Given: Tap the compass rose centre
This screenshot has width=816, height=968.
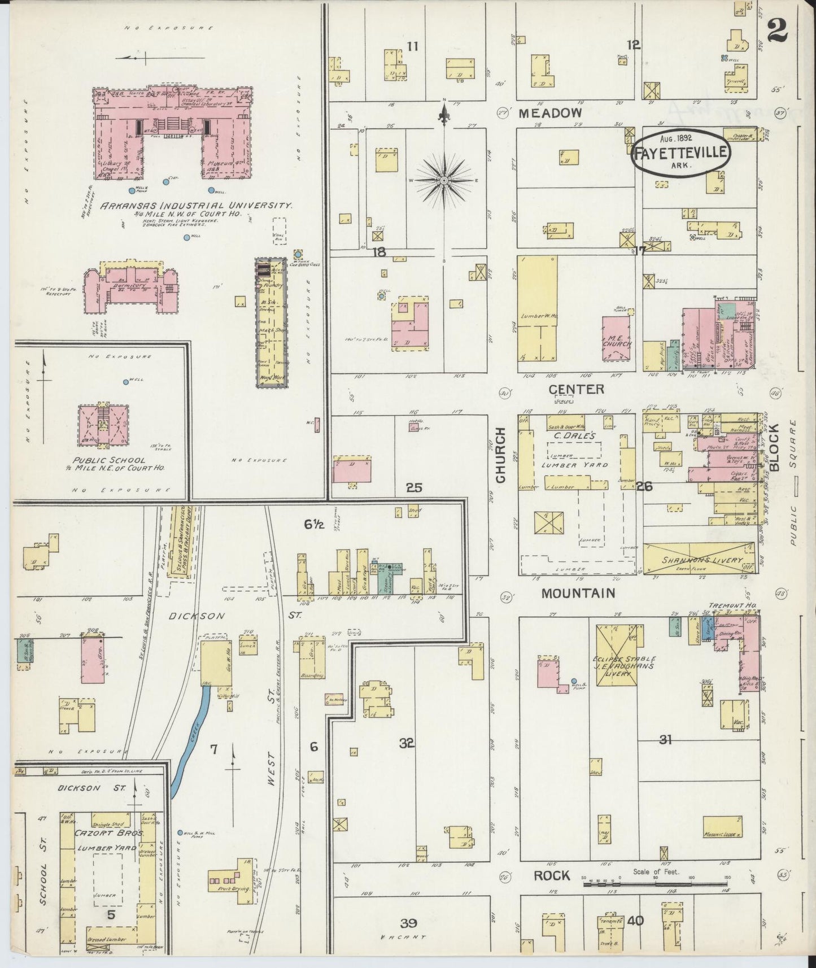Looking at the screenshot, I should click(x=444, y=180).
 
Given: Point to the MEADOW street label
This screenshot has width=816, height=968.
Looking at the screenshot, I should click(x=550, y=113).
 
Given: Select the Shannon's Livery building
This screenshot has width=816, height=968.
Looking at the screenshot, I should click(x=699, y=559).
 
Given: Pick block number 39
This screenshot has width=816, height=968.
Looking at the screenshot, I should click(x=408, y=923).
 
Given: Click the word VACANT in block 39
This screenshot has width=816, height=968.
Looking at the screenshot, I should click(x=403, y=938).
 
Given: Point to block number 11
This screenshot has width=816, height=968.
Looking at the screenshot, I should click(x=413, y=46).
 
